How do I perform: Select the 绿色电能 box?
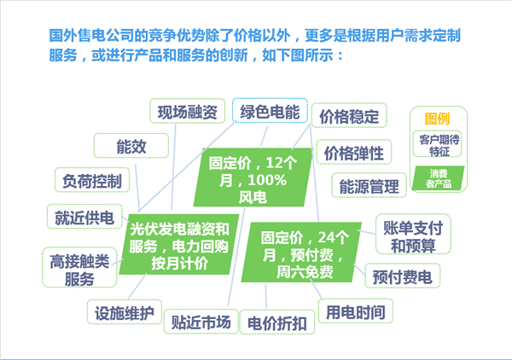(269, 111)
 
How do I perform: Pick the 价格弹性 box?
(353, 153)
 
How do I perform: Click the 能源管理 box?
(369, 186)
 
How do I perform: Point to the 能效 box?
(131, 147)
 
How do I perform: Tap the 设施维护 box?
(125, 312)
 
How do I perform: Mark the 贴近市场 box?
(201, 322)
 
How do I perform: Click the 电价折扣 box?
(277, 323)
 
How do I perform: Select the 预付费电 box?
(402, 276)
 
